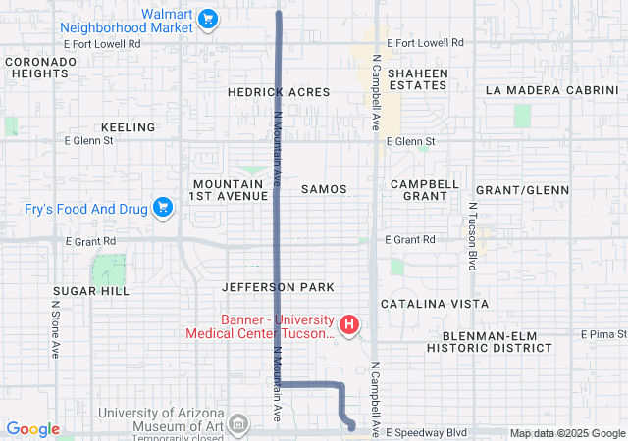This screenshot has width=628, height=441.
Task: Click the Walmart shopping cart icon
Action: pos(207,18)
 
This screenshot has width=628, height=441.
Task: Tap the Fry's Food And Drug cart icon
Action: pos(163,207)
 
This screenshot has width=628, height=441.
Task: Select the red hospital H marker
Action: pos(347,324)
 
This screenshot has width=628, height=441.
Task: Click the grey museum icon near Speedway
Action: pos(237,423)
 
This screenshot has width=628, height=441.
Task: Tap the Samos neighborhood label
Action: pos(324,188)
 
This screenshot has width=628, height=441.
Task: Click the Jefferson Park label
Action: pos(279,287)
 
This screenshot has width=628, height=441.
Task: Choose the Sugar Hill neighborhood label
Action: pos(91,292)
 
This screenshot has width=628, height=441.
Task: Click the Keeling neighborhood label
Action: pos(128,127)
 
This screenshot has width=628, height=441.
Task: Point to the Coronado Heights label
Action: pos(40,67)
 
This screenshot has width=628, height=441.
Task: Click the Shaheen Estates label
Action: pos(417,79)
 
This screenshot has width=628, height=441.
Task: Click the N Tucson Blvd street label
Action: pos(472,237)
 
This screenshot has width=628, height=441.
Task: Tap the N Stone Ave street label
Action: pos(56,329)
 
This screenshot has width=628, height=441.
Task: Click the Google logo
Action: pos(32,429)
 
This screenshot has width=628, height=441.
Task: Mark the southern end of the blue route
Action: pos(351,426)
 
